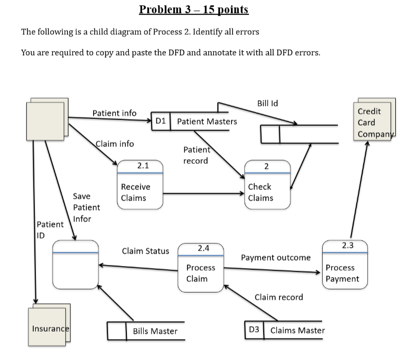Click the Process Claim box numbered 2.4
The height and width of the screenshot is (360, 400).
[x=201, y=265]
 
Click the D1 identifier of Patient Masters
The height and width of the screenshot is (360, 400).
[x=161, y=122]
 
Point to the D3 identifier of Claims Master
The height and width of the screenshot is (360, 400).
[x=254, y=331]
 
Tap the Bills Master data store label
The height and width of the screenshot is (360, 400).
[x=155, y=331]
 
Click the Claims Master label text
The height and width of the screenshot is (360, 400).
[x=297, y=331]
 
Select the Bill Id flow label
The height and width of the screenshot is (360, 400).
[x=267, y=103]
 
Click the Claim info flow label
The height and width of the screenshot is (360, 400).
[x=115, y=144]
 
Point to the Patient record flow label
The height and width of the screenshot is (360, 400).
[x=196, y=155]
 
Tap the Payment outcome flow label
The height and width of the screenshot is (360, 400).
[x=275, y=257]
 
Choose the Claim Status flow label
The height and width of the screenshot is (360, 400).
[x=145, y=251]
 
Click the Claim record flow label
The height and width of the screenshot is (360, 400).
[x=278, y=297]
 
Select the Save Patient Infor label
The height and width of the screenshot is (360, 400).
[x=86, y=207]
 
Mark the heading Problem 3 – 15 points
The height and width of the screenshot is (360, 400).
[x=194, y=9]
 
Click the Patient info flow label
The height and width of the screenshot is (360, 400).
[x=114, y=113]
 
